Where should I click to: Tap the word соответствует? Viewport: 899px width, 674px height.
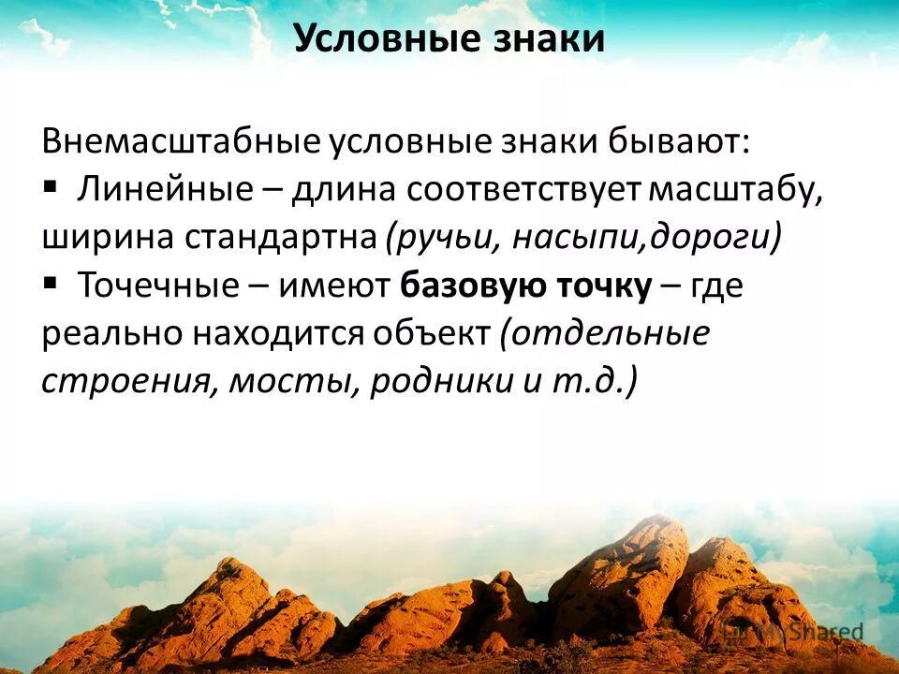pos(524,189)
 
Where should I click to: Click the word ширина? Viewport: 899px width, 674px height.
pos(98,238)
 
